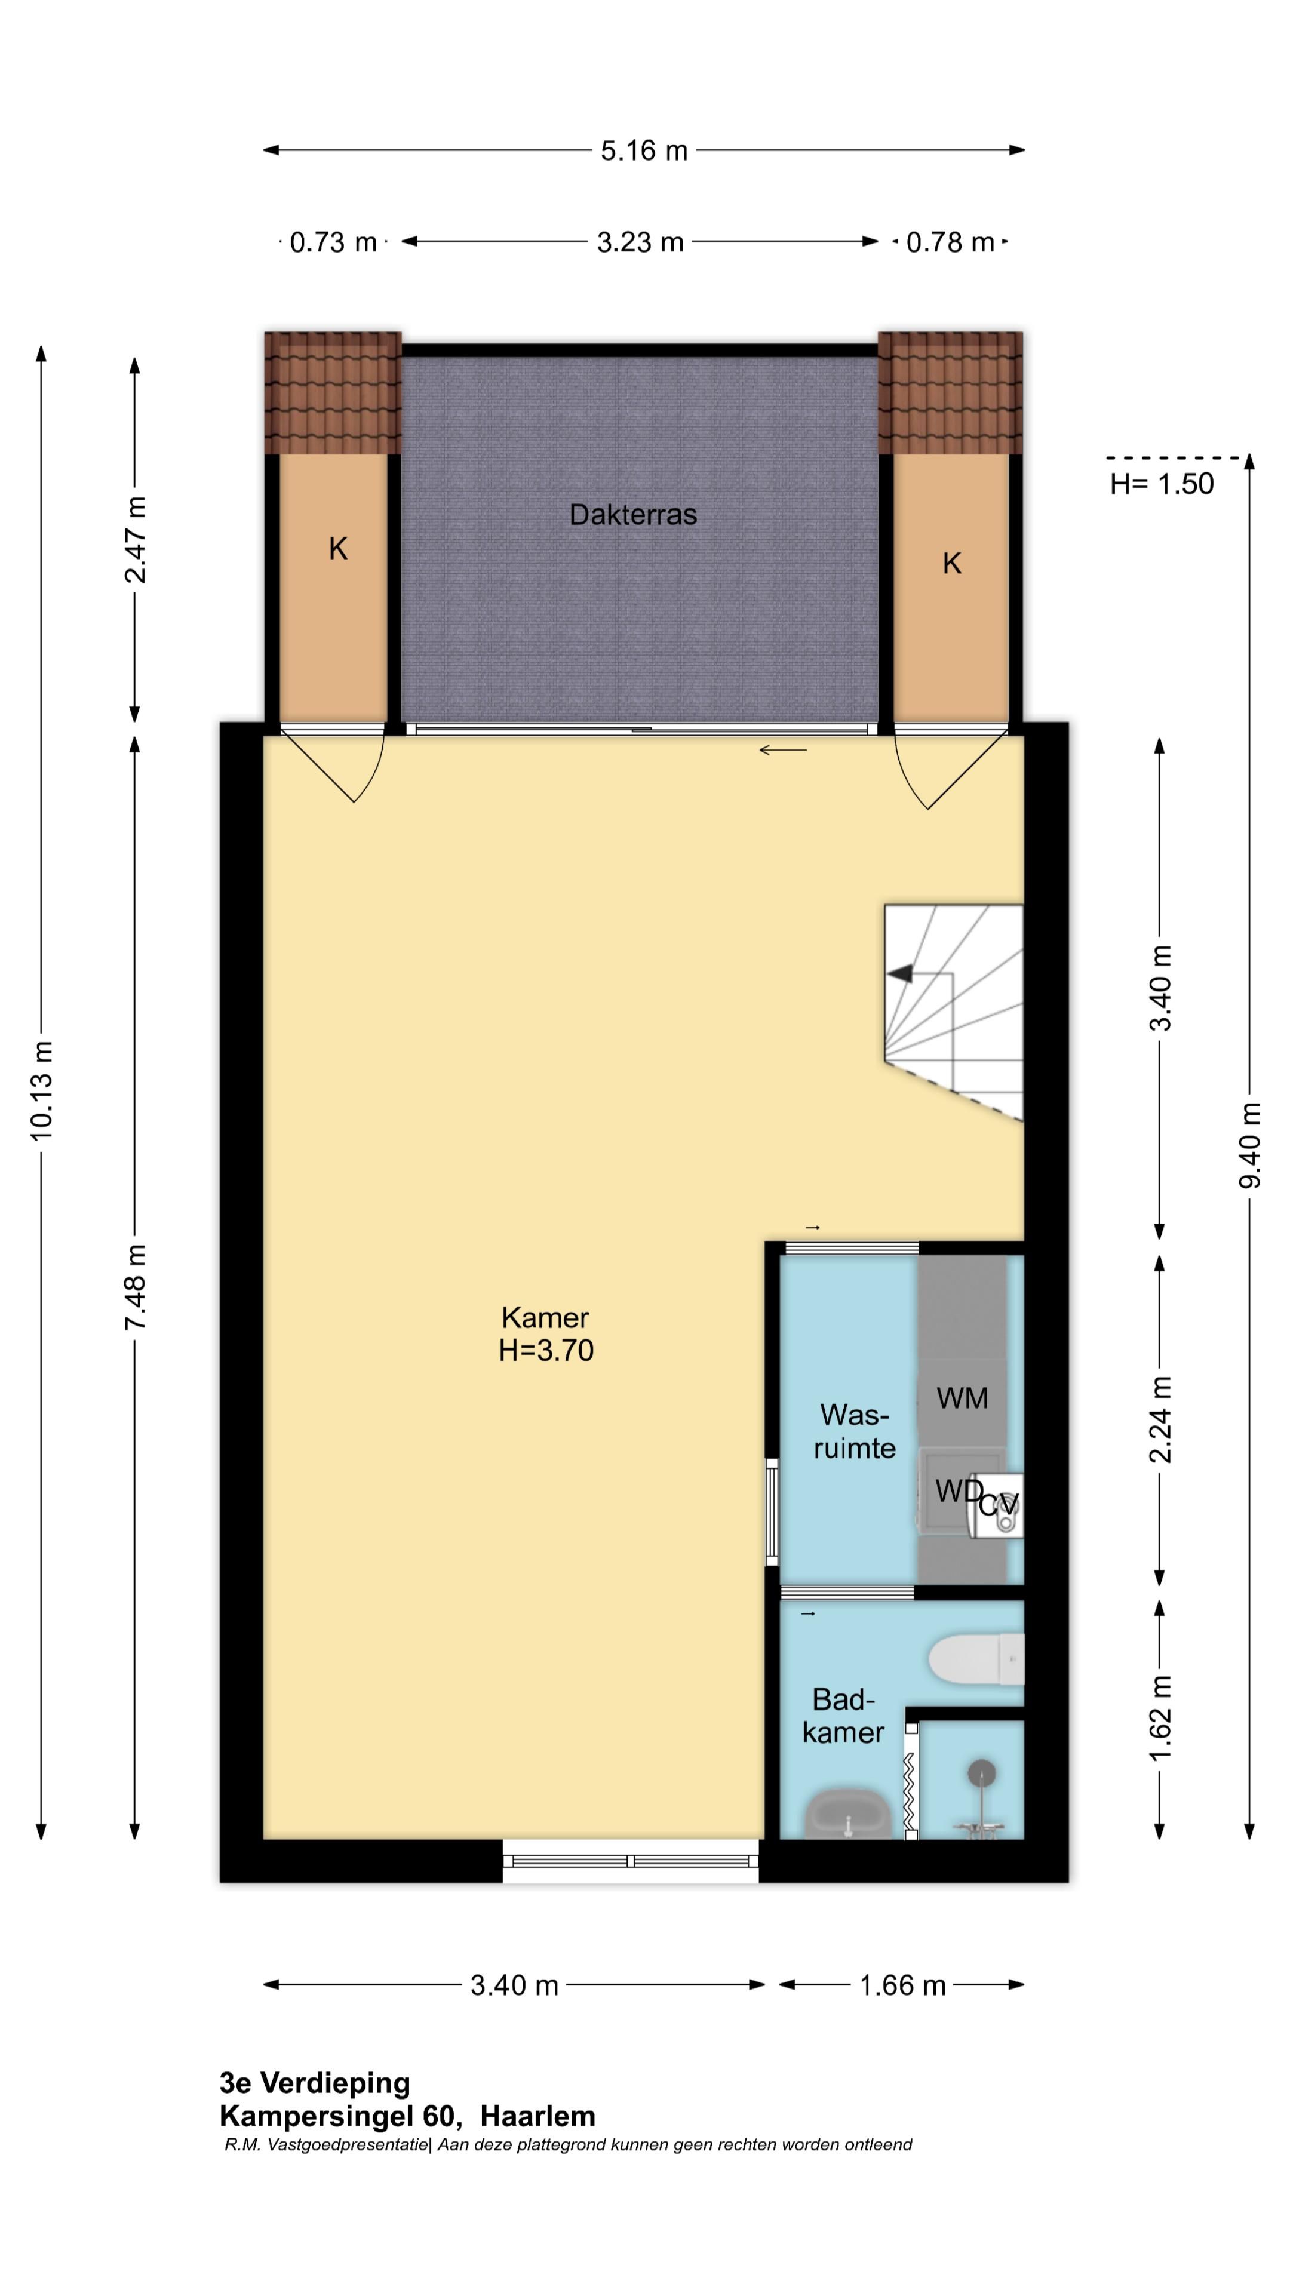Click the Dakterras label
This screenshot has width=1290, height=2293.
coord(633,515)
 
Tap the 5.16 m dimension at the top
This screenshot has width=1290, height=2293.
coord(644,150)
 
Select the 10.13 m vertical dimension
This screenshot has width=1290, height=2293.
coord(41,1090)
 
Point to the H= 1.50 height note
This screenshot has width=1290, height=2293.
coord(1162,483)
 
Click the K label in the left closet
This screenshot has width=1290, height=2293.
coord(338,549)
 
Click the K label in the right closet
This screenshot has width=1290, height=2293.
coord(952,564)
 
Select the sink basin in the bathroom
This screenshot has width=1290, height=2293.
coord(849,1812)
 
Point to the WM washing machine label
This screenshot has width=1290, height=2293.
coord(962,1398)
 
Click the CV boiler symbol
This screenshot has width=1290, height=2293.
coord(999,1504)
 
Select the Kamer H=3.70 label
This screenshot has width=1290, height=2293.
coord(546,1333)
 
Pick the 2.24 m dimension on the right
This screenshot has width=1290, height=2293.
coord(1159,1420)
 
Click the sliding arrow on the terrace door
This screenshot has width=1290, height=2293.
coord(784,751)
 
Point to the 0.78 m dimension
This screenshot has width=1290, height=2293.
coord(950,242)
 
